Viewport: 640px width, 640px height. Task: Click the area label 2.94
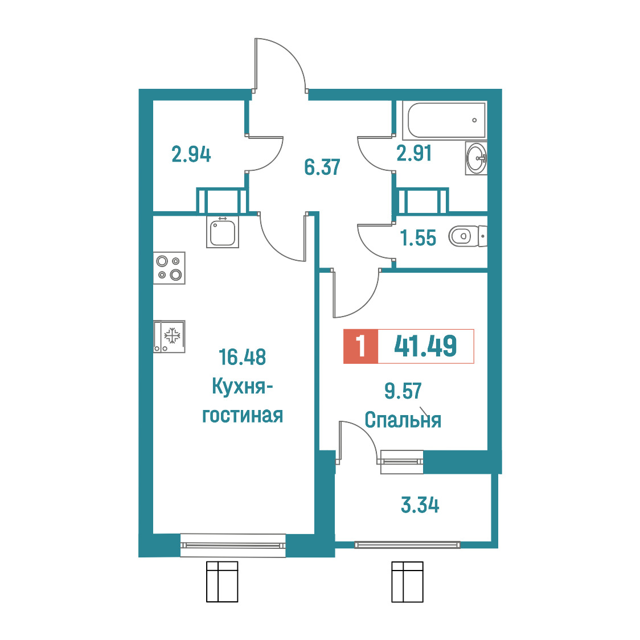tap(191, 154)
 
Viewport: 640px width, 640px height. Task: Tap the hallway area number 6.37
tap(322, 167)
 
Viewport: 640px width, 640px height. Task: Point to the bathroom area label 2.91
tap(414, 154)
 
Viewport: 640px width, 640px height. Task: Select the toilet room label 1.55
tap(418, 238)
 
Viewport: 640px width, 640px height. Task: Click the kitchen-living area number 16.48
tap(243, 357)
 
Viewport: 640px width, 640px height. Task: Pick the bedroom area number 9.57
tap(403, 391)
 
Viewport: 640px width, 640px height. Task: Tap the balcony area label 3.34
tap(420, 505)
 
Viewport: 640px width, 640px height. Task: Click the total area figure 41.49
tap(425, 346)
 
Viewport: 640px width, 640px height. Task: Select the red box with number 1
tap(361, 346)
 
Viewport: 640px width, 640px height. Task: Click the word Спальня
tap(403, 420)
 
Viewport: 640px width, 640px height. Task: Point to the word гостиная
tap(243, 416)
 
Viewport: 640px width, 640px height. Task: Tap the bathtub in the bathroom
tap(445, 120)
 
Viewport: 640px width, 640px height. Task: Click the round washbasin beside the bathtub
tap(476, 158)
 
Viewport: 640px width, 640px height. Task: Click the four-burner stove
tap(169, 268)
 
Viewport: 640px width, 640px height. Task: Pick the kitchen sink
tap(223, 232)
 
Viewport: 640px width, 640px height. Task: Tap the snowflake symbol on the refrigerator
tap(173, 335)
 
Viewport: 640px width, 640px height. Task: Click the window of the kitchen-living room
tap(233, 545)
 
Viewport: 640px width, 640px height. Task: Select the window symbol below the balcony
tap(407, 581)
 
